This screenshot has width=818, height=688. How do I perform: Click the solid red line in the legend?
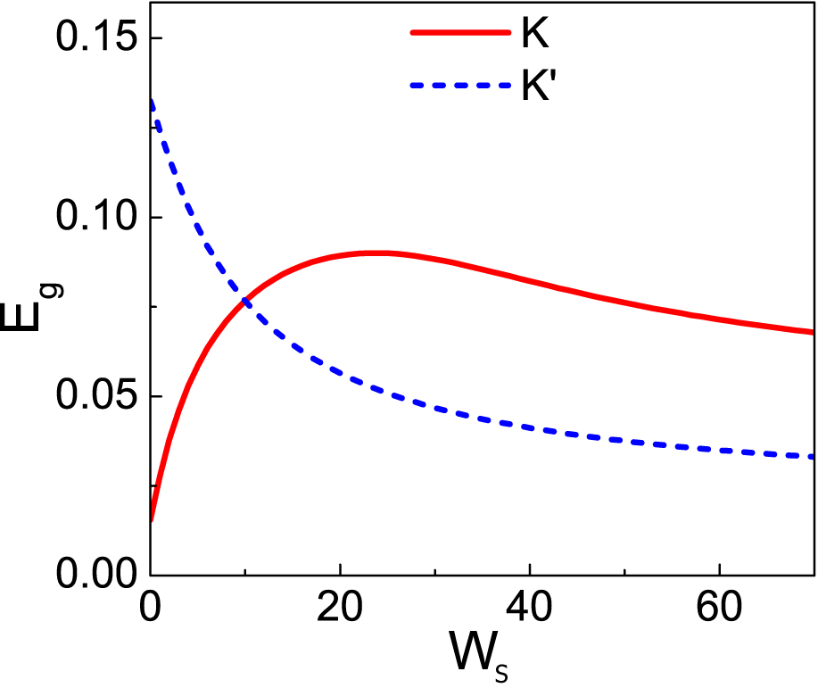(x=460, y=32)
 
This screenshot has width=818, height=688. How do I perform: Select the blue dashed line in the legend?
(x=460, y=86)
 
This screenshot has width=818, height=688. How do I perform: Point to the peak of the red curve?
(x=378, y=253)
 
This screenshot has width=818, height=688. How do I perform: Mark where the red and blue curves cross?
(x=244, y=303)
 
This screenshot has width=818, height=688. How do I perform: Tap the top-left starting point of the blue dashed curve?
(x=153, y=101)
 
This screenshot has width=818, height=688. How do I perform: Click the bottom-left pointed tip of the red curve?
(x=153, y=520)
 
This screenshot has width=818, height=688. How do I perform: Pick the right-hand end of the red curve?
(x=811, y=332)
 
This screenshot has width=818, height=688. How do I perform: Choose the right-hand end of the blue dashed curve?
(x=811, y=456)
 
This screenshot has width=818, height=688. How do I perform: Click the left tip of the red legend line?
(x=412, y=32)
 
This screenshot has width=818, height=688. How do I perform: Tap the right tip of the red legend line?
(x=509, y=32)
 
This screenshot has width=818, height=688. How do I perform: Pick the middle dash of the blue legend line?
(x=460, y=86)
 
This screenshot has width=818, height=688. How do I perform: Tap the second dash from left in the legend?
(x=438, y=86)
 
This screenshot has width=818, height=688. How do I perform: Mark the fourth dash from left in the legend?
(x=483, y=86)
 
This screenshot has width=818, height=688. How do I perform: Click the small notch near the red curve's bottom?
(x=157, y=487)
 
